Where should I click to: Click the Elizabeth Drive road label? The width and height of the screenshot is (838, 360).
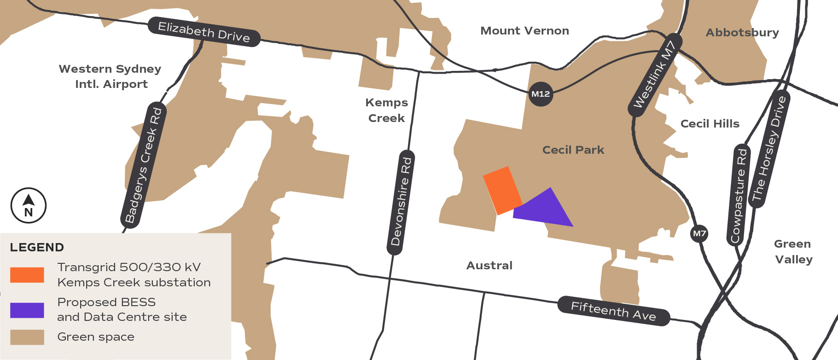coord(204,32)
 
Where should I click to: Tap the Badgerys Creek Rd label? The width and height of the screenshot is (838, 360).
coord(144,165)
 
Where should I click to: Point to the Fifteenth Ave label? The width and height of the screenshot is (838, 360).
coord(613,311)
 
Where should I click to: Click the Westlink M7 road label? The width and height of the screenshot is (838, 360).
coord(654,75)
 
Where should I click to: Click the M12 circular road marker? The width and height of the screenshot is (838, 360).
coord(541,94)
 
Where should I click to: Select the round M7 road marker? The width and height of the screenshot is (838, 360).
coord(699,233)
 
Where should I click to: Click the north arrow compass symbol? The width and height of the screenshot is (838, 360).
coord(29,205)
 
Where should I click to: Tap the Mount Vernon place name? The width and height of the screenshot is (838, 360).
coord(524,31)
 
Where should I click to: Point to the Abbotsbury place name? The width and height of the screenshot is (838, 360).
coord(742,33)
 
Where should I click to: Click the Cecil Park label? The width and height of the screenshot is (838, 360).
coord(573,150)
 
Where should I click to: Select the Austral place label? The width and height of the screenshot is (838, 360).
coord(489,266)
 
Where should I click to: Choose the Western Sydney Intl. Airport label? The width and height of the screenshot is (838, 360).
coord(111,76)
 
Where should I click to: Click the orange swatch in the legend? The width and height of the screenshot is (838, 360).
coord(27,275)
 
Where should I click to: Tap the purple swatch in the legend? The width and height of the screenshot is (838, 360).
coord(27,310)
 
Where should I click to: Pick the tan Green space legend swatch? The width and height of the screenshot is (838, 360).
coord(27,337)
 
